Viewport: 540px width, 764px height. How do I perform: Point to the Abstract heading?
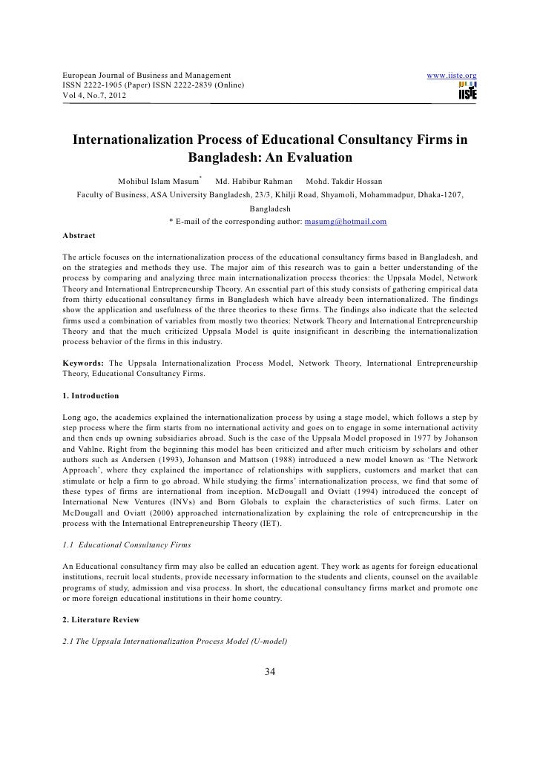pyautogui.click(x=79, y=236)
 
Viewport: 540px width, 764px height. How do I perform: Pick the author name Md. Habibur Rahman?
pyautogui.click(x=254, y=182)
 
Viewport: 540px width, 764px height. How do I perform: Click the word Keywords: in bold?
pyautogui.click(x=83, y=363)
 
